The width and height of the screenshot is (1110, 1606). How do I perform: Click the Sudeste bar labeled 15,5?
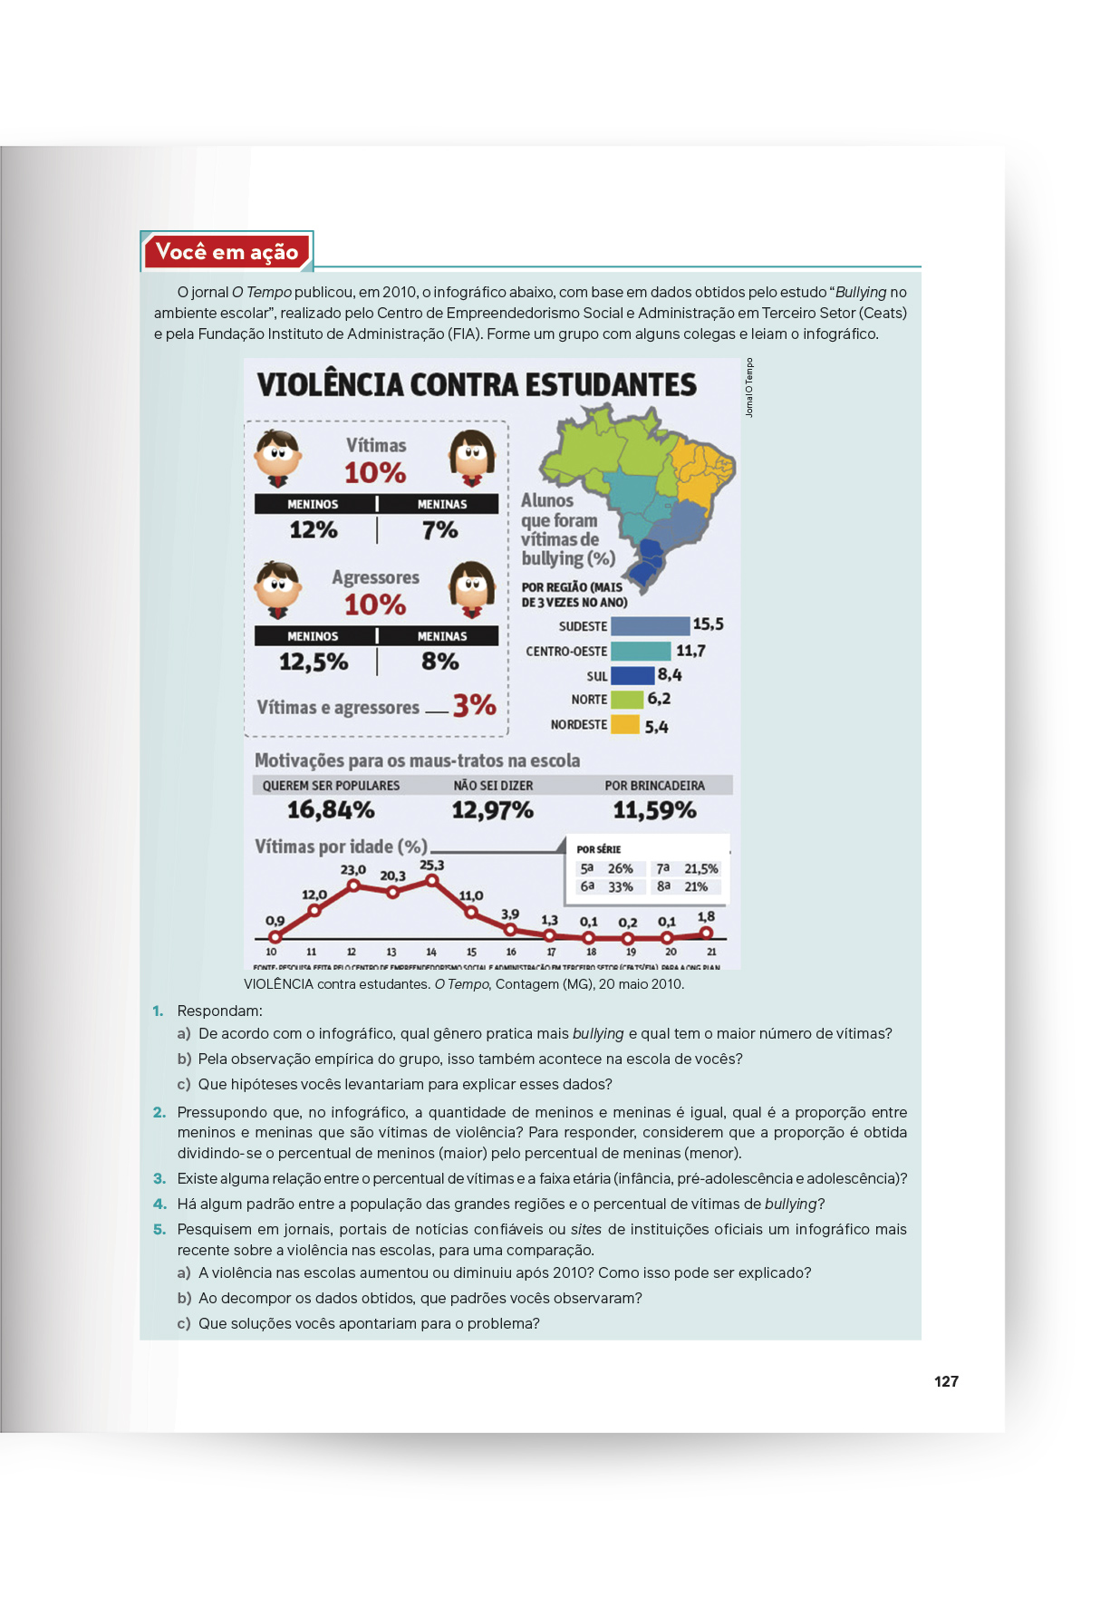coord(650,626)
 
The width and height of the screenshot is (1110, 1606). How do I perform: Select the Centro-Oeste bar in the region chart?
coord(641,651)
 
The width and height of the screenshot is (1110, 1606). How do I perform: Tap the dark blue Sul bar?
coord(632,675)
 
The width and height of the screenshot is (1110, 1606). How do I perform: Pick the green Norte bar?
coord(627,700)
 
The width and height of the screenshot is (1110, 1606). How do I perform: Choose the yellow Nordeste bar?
coord(625,724)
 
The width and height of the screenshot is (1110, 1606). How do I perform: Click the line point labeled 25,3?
coord(432,880)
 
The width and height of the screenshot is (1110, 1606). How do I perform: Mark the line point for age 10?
coord(275,936)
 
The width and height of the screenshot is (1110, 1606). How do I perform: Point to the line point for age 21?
coord(707,933)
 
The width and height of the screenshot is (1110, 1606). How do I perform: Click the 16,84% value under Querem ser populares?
coord(331,809)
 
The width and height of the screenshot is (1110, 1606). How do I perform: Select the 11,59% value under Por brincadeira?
coord(654,809)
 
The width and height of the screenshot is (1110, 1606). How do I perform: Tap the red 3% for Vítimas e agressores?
coord(474,705)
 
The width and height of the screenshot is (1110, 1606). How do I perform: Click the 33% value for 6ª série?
coord(620,887)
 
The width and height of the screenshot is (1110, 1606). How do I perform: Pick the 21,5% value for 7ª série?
coord(700,869)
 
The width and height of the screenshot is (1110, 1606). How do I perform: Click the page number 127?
coord(946,1381)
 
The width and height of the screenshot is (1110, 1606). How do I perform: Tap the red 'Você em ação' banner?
coord(227,252)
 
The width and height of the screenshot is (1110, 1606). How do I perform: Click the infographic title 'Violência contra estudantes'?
coord(477,385)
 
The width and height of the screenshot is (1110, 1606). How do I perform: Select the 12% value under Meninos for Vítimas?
coord(314,529)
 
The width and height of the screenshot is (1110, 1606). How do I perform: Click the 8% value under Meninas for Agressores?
coord(440,662)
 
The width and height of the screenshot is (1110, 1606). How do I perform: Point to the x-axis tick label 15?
coord(471,952)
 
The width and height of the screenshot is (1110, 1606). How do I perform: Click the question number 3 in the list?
coord(159,1178)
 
